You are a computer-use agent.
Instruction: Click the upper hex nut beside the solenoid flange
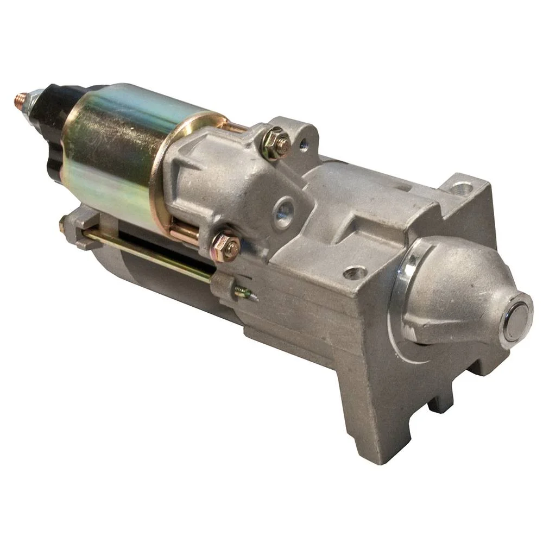tap(276, 142)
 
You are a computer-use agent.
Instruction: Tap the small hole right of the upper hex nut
tap(303, 145)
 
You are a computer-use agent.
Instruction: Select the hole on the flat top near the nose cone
tap(356, 271)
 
